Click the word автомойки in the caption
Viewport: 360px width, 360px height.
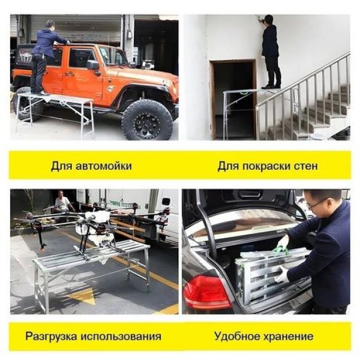click(x=103, y=166)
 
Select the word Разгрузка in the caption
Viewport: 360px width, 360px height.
click(x=51, y=337)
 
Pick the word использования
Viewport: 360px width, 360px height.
click(x=121, y=337)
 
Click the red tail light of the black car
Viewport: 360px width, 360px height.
click(x=206, y=292)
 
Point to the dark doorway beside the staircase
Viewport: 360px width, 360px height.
click(x=234, y=99)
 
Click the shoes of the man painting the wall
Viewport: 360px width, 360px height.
click(x=271, y=86)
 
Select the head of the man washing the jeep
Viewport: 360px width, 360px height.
click(x=50, y=24)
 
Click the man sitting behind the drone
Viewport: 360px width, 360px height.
click(x=62, y=202)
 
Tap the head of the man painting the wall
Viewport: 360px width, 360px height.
click(x=269, y=20)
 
